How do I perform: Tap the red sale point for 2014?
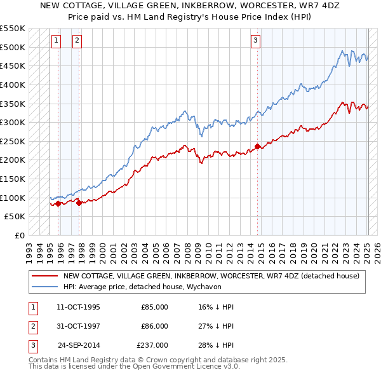[257, 146]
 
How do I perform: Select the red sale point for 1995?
[58, 203]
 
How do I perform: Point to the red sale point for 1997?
[79, 203]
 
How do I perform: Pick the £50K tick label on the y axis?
[15, 217]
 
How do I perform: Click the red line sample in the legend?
[45, 276]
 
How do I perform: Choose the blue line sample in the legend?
[45, 287]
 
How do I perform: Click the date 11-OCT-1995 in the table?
[78, 307]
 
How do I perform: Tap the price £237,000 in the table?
[152, 345]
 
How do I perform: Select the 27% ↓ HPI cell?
[215, 326]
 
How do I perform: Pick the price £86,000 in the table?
[154, 326]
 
